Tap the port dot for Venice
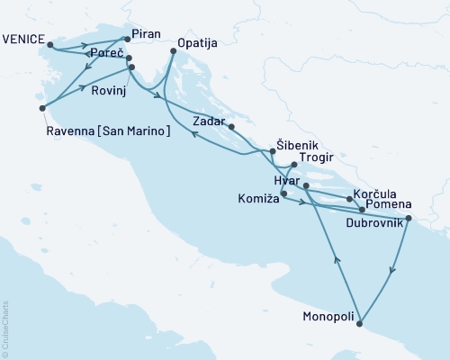click(50, 44)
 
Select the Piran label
click(145, 34)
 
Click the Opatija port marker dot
click(172, 52)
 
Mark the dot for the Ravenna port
click(42, 108)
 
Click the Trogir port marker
click(293, 165)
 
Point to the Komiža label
click(256, 197)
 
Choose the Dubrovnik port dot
click(409, 218)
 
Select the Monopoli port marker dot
click(359, 323)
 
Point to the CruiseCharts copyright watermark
click(6, 328)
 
